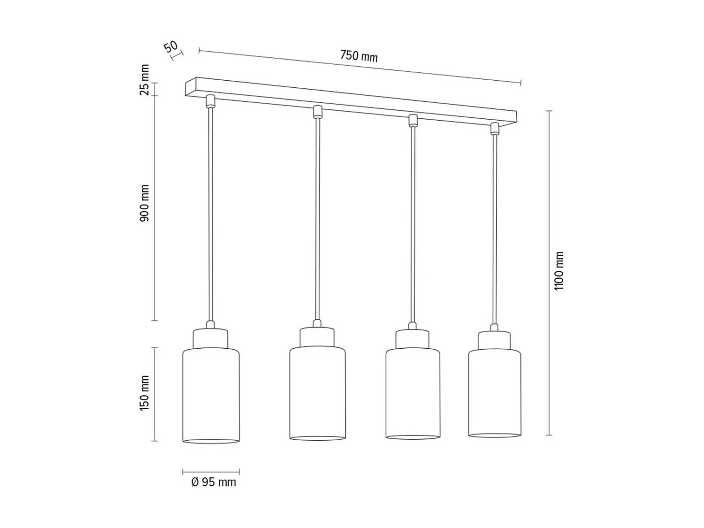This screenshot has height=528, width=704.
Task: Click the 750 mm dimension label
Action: pos(359,56)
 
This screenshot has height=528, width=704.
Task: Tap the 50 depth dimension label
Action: pos(171,47)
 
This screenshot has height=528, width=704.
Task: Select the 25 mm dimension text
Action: pos(145,80)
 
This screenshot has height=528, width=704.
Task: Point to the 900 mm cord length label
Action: pos(145,203)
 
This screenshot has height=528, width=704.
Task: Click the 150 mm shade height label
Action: pos(145,393)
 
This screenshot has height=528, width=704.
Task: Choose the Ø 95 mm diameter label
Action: pos(214,482)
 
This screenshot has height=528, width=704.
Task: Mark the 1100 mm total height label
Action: pos(559,271)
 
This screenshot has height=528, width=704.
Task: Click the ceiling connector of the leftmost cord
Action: pos(211,101)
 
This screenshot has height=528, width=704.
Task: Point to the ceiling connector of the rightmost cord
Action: pos(494,129)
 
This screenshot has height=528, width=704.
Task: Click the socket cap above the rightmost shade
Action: pos(494,340)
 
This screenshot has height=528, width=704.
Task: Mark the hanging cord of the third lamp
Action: pos(413,225)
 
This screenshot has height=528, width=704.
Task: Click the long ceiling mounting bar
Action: pos(352,101)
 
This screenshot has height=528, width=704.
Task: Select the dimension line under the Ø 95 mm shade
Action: pos(211,472)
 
